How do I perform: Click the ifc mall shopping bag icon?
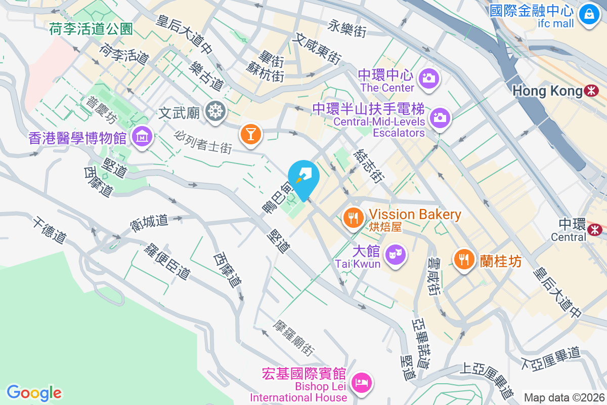589,14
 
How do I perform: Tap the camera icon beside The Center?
429,78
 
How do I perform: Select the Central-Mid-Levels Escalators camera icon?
440,118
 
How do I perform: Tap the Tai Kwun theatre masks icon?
395,253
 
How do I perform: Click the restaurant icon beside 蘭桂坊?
463,259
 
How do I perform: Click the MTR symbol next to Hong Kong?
590,91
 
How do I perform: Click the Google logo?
34,392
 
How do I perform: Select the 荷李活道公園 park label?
91,29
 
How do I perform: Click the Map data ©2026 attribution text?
564,397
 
